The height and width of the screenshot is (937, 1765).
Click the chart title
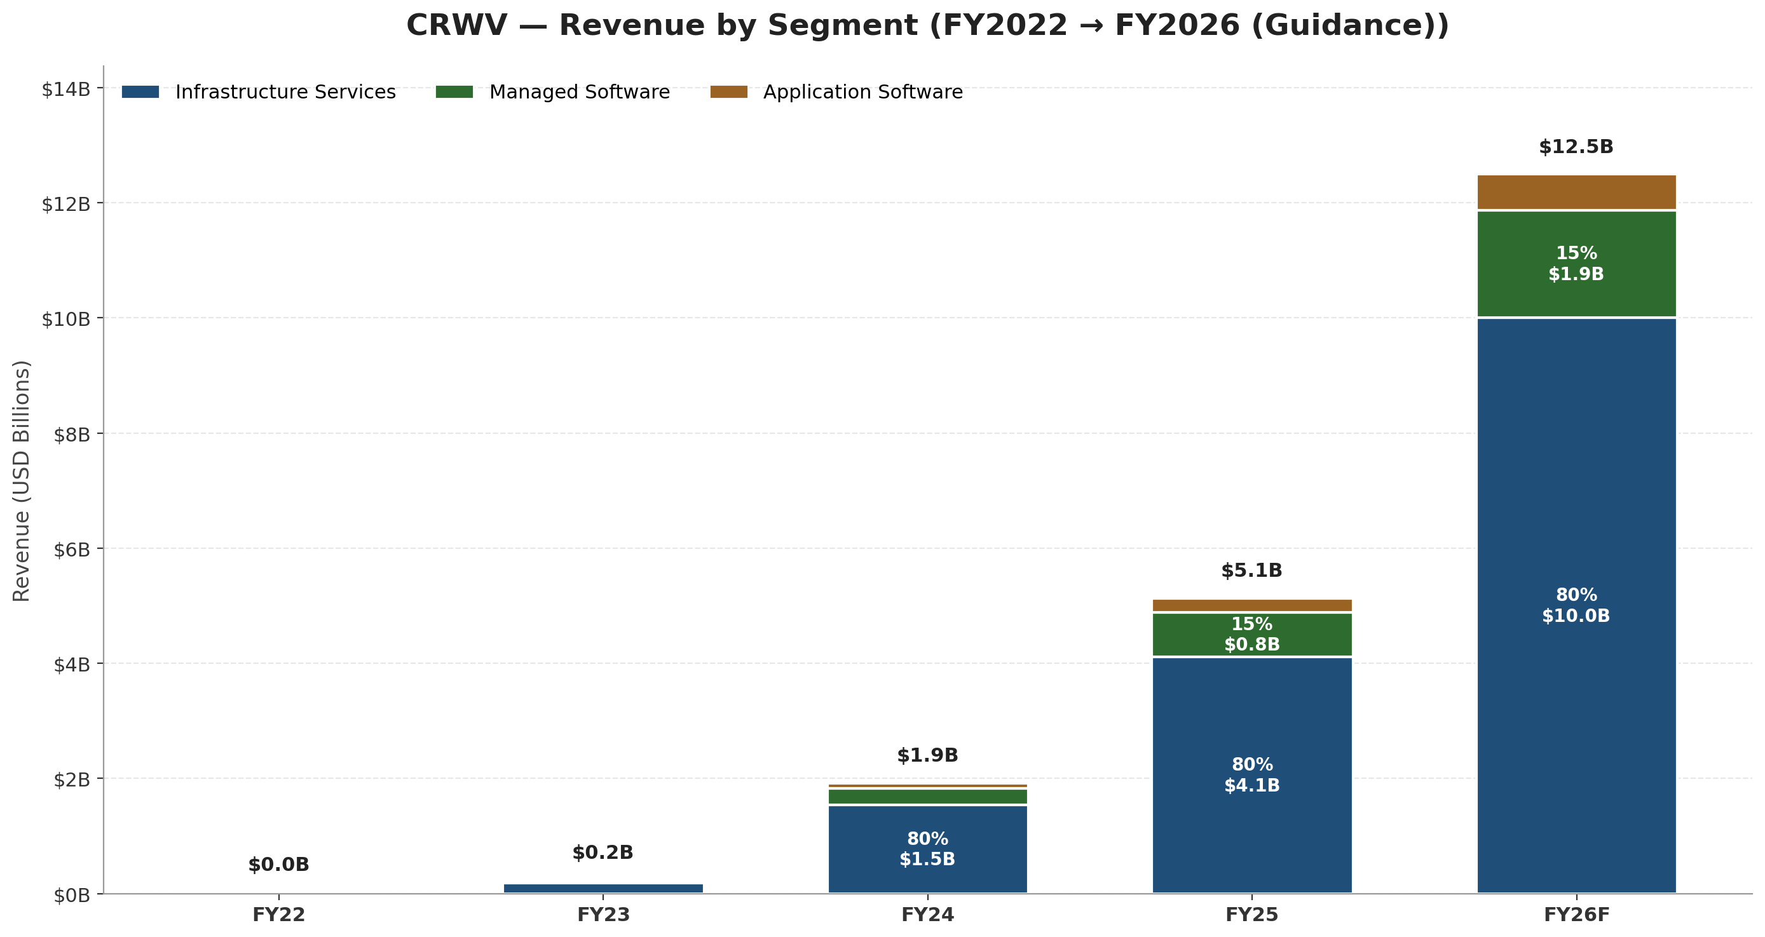(x=928, y=25)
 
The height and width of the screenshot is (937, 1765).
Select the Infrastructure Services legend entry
(x=258, y=91)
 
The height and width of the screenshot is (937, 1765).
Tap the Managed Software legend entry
(x=552, y=91)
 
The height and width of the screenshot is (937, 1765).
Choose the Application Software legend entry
(x=836, y=91)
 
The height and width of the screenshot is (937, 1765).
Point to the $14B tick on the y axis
(x=65, y=89)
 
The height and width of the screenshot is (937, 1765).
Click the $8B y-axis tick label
(x=72, y=435)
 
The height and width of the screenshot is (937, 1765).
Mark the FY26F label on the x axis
(x=1577, y=914)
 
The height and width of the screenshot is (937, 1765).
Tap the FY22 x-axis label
(x=279, y=914)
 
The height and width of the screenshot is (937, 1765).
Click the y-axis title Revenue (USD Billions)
(x=21, y=481)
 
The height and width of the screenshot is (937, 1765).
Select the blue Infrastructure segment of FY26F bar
(x=1577, y=605)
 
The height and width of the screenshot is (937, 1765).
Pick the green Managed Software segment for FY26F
(x=1577, y=264)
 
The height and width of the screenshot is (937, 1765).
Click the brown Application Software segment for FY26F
(x=1577, y=192)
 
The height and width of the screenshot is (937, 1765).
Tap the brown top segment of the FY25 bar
(x=1252, y=605)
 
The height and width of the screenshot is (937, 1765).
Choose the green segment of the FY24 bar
(x=928, y=797)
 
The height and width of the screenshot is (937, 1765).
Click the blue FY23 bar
(x=603, y=888)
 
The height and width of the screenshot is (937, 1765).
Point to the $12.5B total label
(x=1577, y=147)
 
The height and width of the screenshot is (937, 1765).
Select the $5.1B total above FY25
(x=1252, y=570)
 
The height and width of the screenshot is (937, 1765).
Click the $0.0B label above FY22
(x=279, y=865)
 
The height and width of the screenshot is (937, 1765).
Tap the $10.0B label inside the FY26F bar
(x=1577, y=616)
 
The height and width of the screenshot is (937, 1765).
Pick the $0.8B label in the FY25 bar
(x=1252, y=645)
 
